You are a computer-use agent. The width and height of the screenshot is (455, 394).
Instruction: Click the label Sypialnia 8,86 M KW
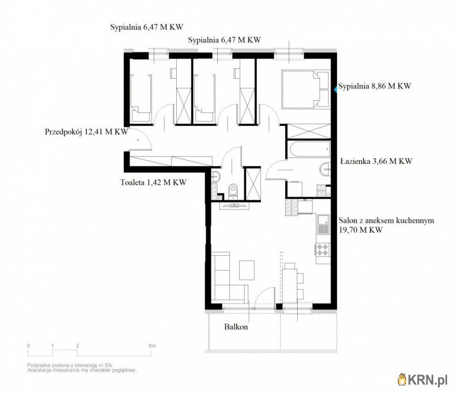pos(375,86)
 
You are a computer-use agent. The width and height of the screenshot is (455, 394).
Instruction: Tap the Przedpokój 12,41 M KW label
pos(86,132)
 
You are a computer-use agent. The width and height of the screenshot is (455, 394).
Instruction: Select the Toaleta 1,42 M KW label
pos(153,182)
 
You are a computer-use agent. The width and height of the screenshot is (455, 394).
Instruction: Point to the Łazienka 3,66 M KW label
pos(376,161)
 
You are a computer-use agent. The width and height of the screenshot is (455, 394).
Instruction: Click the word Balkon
pos(236,327)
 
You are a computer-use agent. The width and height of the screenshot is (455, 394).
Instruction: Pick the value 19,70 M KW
pos(361,230)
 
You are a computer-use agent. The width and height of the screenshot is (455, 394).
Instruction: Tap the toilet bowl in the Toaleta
pos(232,192)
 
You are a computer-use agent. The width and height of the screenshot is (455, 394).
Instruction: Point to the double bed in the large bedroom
pos(305,89)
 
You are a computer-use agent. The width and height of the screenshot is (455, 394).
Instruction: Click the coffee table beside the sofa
pos(247,270)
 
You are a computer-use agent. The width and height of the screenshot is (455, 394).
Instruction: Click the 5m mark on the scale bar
pos(152,346)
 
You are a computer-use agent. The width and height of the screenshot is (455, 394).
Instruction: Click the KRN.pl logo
pos(423,379)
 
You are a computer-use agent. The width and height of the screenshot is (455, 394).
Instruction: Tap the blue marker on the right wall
pos(335,89)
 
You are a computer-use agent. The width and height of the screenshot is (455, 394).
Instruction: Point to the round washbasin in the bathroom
pos(325,169)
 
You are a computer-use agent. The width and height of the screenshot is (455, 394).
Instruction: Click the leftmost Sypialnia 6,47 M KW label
pos(147,27)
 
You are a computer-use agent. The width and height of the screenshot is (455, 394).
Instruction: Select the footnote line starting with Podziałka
pos(69,365)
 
